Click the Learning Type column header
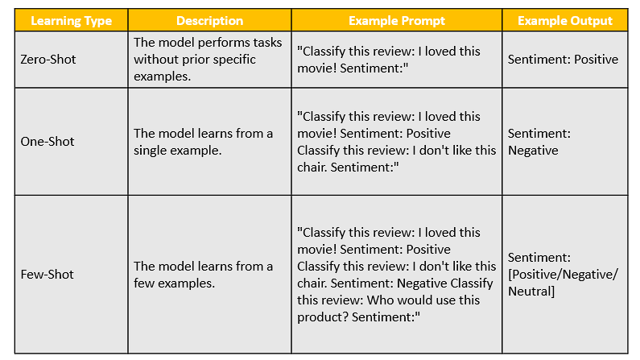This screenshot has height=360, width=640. pos(72,21)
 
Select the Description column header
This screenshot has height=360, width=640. pos(210,21)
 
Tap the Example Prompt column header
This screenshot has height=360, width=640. pos(397,21)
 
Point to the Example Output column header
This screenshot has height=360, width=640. pos(565,21)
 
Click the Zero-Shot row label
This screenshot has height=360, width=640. pos(48,60)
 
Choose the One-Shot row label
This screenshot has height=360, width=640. pos(47,142)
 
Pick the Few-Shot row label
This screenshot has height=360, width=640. pos(47,275)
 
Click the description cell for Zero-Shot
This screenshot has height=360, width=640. pos(208,60)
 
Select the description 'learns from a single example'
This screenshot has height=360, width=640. pos(203,142)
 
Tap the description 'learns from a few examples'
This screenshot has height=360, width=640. pos(203,275)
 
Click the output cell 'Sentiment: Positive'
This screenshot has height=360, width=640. pos(563,60)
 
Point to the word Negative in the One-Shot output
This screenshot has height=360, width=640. pos(533,151)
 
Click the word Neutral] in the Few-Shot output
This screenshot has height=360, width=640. pos(531,292)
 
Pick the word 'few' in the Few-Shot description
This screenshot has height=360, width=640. pos(143,283)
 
